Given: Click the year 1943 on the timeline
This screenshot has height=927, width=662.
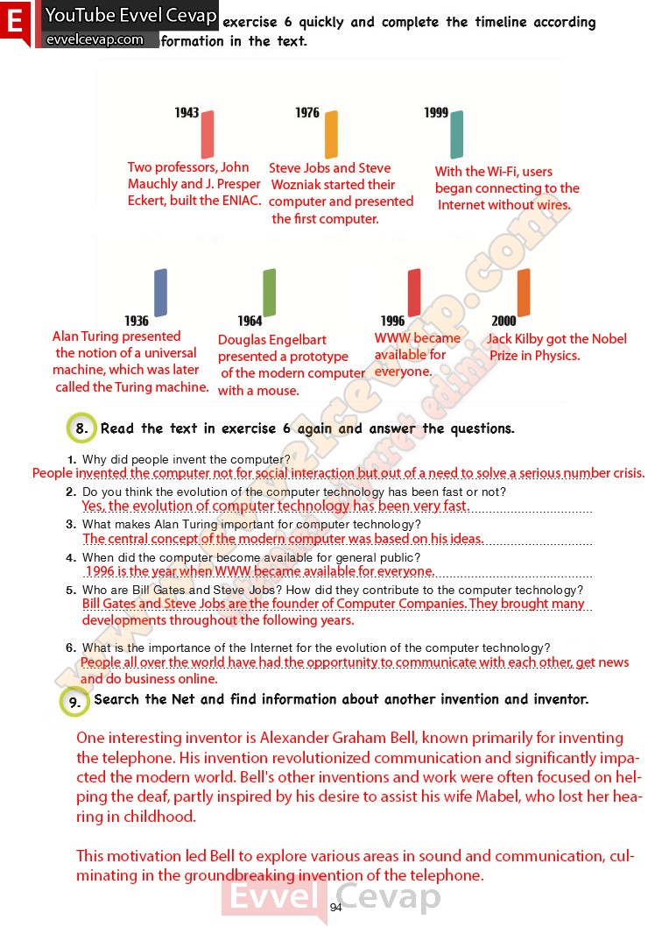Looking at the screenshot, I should [x=187, y=113].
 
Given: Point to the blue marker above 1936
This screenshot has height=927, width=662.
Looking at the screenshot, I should [x=160, y=292].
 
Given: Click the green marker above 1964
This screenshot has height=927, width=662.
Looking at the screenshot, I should [x=270, y=292].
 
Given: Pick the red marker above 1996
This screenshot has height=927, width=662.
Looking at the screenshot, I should [x=414, y=292].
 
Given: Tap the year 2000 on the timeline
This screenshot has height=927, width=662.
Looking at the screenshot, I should [x=504, y=322].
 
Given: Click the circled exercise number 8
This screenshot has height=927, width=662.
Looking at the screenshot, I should [x=81, y=428].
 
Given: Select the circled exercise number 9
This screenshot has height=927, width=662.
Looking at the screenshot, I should [x=75, y=701].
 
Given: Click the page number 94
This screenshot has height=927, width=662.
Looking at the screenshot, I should [x=336, y=907].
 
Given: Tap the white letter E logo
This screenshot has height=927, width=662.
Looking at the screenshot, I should [x=14, y=24].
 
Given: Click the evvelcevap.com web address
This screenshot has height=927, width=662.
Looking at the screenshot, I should [x=95, y=39].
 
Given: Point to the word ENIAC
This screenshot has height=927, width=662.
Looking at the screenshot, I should [x=242, y=201].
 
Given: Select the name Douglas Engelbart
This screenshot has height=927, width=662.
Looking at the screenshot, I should [x=272, y=340].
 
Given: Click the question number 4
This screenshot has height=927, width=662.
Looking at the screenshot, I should [x=72, y=557].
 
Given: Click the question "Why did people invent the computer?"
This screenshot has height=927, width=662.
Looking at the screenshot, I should [x=186, y=459].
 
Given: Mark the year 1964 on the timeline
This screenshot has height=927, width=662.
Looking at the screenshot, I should [x=250, y=322].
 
